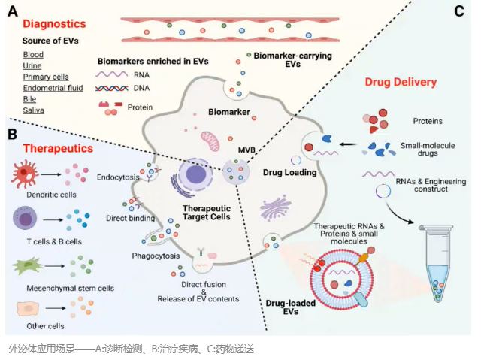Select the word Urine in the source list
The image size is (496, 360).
(x=33, y=66)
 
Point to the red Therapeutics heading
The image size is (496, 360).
(x=58, y=148)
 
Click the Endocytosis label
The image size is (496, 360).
(x=116, y=177)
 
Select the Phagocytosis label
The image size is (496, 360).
(x=156, y=256)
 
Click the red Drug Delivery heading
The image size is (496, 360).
(x=401, y=81)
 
